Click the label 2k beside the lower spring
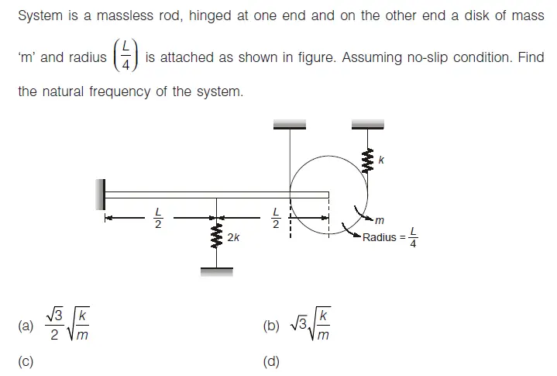click(x=233, y=237)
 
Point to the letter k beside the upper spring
click(x=382, y=160)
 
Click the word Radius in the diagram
click(x=379, y=237)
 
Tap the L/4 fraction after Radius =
click(x=413, y=237)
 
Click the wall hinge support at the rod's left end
click(x=100, y=194)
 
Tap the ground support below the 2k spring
click(x=217, y=271)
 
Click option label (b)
click(x=271, y=326)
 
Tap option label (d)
click(x=271, y=360)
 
